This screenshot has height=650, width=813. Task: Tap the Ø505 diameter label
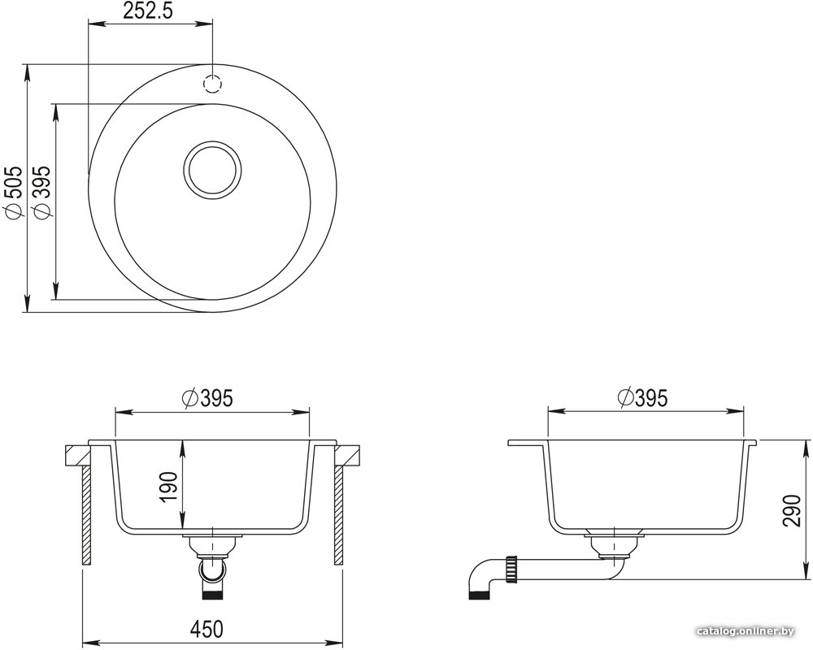click(12, 191)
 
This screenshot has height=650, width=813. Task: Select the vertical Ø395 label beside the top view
click(41, 191)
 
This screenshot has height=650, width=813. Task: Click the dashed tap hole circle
click(212, 84)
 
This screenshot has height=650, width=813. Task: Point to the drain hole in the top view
click(212, 169)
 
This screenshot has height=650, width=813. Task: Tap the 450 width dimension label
click(207, 629)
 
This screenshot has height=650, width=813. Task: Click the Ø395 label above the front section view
click(208, 398)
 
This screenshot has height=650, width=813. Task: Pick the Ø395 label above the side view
click(643, 398)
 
